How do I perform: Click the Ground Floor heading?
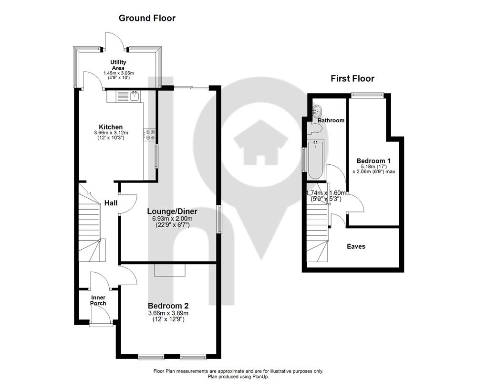(x=147, y=18)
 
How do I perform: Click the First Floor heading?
(x=353, y=79)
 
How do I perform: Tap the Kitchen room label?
(x=111, y=127)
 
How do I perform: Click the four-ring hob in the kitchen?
(x=150, y=135)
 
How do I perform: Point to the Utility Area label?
(x=118, y=65)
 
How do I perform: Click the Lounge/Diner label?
(x=172, y=212)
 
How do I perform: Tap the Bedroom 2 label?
(x=168, y=306)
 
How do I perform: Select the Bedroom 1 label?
(x=373, y=160)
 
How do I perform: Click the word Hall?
(x=111, y=203)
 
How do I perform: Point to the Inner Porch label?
(x=98, y=300)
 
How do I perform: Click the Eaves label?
(x=356, y=246)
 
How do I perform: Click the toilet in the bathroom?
(x=315, y=128)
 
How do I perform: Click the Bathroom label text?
(x=331, y=120)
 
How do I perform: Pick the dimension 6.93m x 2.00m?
(x=172, y=219)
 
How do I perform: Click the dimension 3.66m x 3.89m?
(x=168, y=313)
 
